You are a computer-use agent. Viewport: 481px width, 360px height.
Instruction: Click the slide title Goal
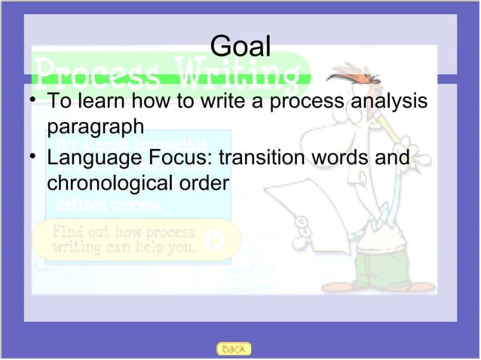240,47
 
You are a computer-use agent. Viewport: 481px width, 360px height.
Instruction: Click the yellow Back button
233,349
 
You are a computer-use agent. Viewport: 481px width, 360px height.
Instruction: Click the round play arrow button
216,240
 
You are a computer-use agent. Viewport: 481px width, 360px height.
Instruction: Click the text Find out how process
122,231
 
